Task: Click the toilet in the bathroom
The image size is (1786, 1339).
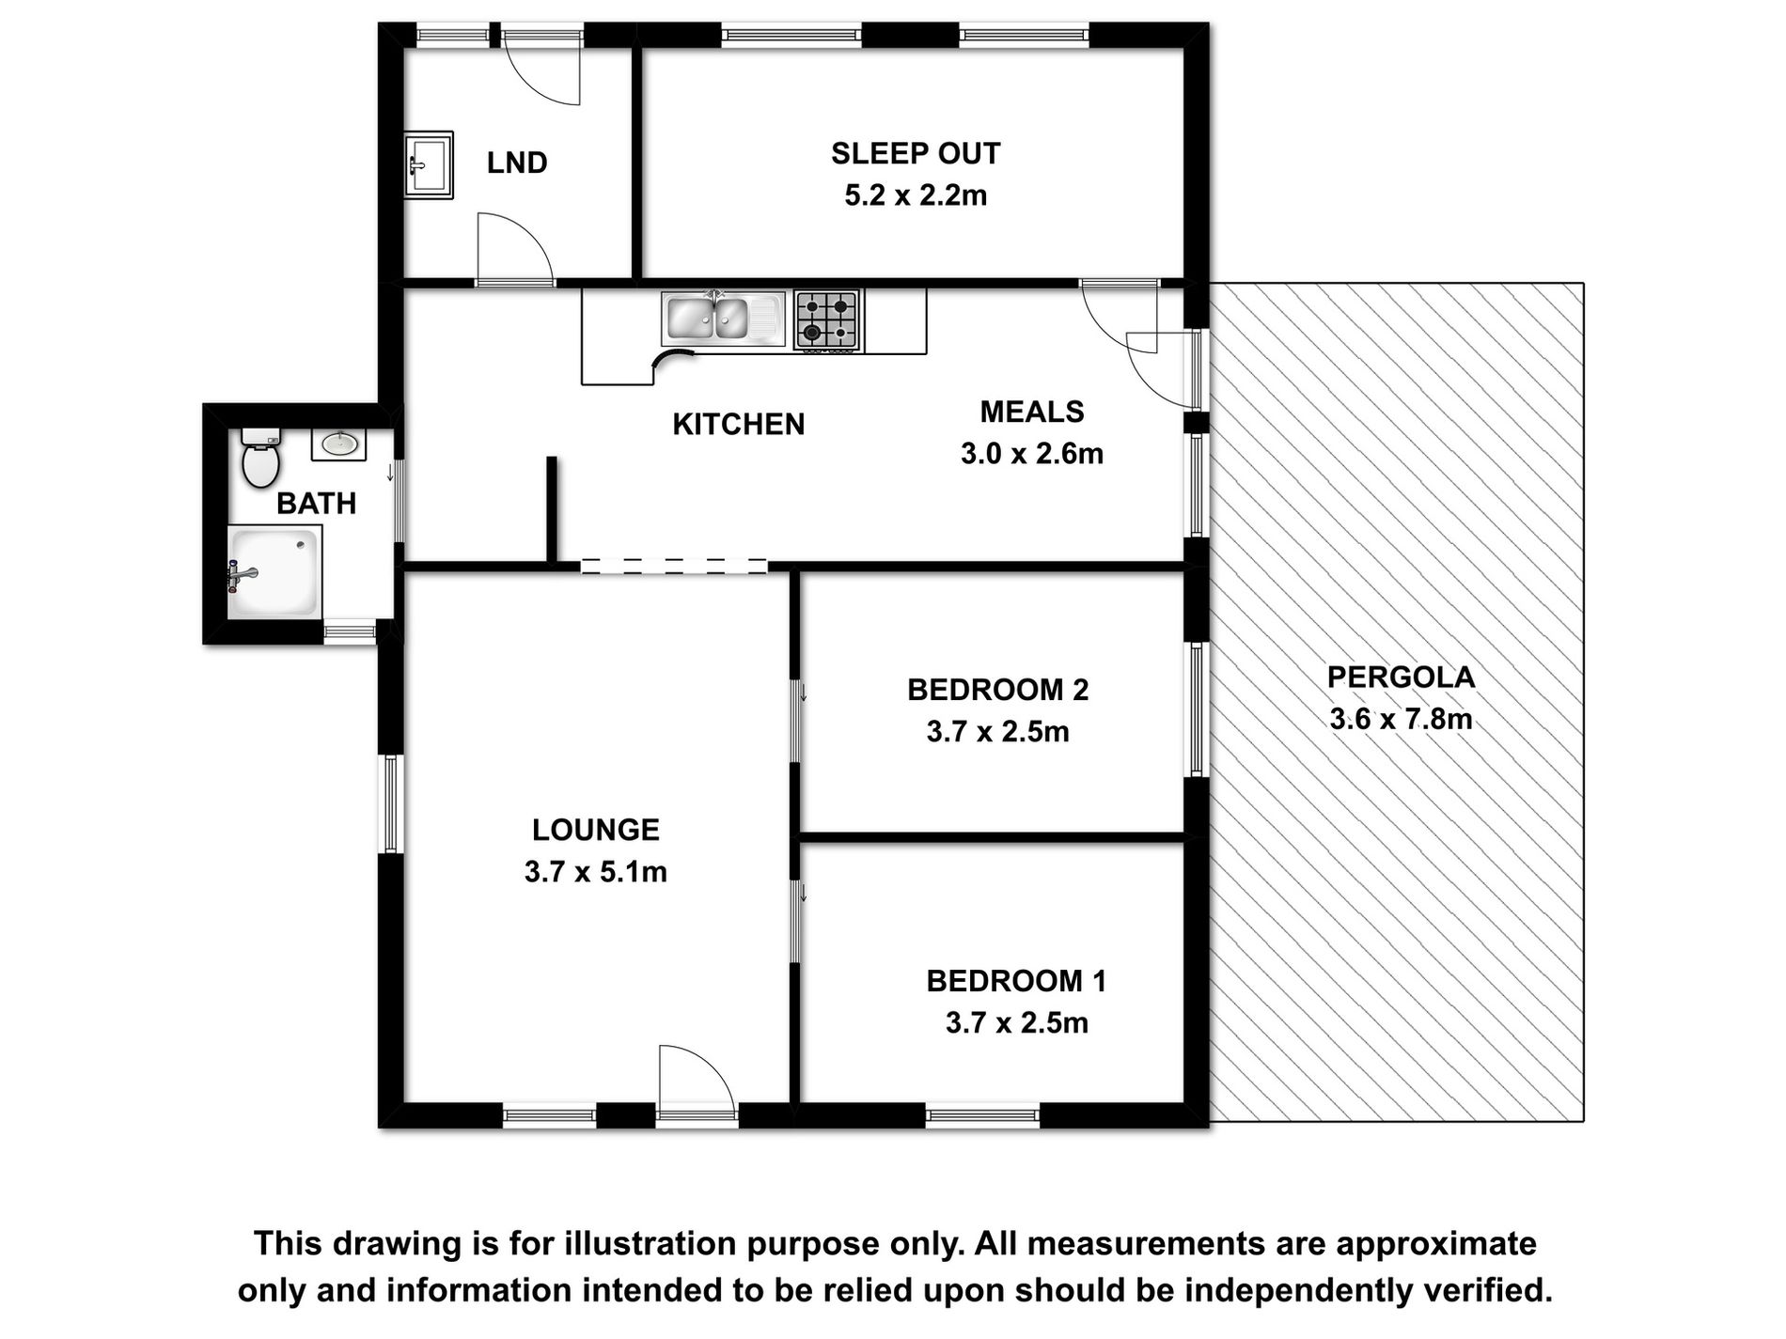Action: point(260,458)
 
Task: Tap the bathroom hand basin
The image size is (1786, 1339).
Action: point(338,444)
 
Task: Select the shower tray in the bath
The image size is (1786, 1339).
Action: point(274,572)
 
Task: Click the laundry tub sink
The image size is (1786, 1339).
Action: point(429,164)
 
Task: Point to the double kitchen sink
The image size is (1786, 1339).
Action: point(722,319)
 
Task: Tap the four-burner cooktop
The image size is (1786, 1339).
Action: point(827,319)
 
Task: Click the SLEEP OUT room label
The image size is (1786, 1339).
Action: point(916,153)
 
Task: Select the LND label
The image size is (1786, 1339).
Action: point(517,163)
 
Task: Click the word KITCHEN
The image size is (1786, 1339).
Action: point(739,424)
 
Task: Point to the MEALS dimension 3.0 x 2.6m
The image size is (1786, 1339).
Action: point(1032,454)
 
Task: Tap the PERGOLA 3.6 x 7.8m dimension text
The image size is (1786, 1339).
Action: point(1401,719)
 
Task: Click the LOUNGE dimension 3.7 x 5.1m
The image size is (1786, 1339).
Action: point(596,872)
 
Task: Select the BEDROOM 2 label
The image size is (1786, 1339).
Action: point(998,690)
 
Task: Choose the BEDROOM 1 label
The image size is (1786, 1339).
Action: point(1016,981)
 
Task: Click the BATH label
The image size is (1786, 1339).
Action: point(316,504)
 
